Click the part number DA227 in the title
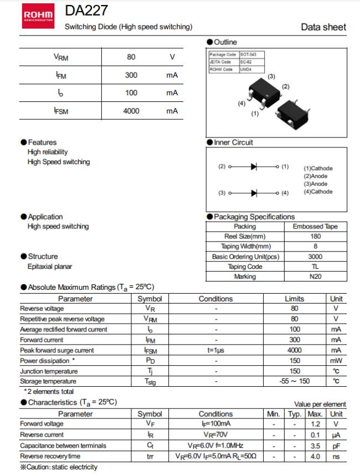pyautogui.click(x=79, y=11)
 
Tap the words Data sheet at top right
pyautogui.click(x=323, y=27)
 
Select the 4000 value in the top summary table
pyautogui.click(x=131, y=111)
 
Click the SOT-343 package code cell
pyautogui.click(x=248, y=54)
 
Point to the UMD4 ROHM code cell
pyautogui.click(x=245, y=69)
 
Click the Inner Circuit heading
pyautogui.click(x=233, y=142)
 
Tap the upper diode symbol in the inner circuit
pyautogui.click(x=254, y=166)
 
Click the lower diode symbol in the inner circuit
pyautogui.click(x=254, y=193)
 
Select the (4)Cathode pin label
pyautogui.click(x=318, y=192)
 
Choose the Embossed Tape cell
pyautogui.click(x=315, y=227)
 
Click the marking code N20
pyautogui.click(x=315, y=277)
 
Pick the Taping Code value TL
pyautogui.click(x=315, y=267)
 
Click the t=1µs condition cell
pyautogui.click(x=215, y=350)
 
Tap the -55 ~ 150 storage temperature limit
pyautogui.click(x=295, y=381)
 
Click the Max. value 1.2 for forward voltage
pyautogui.click(x=315, y=424)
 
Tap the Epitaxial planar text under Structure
pyautogui.click(x=50, y=267)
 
